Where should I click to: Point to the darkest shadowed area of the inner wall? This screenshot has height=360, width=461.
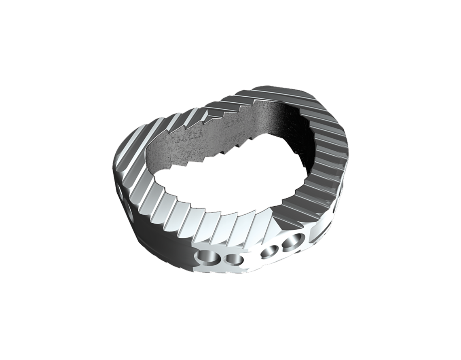[x=283, y=117]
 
